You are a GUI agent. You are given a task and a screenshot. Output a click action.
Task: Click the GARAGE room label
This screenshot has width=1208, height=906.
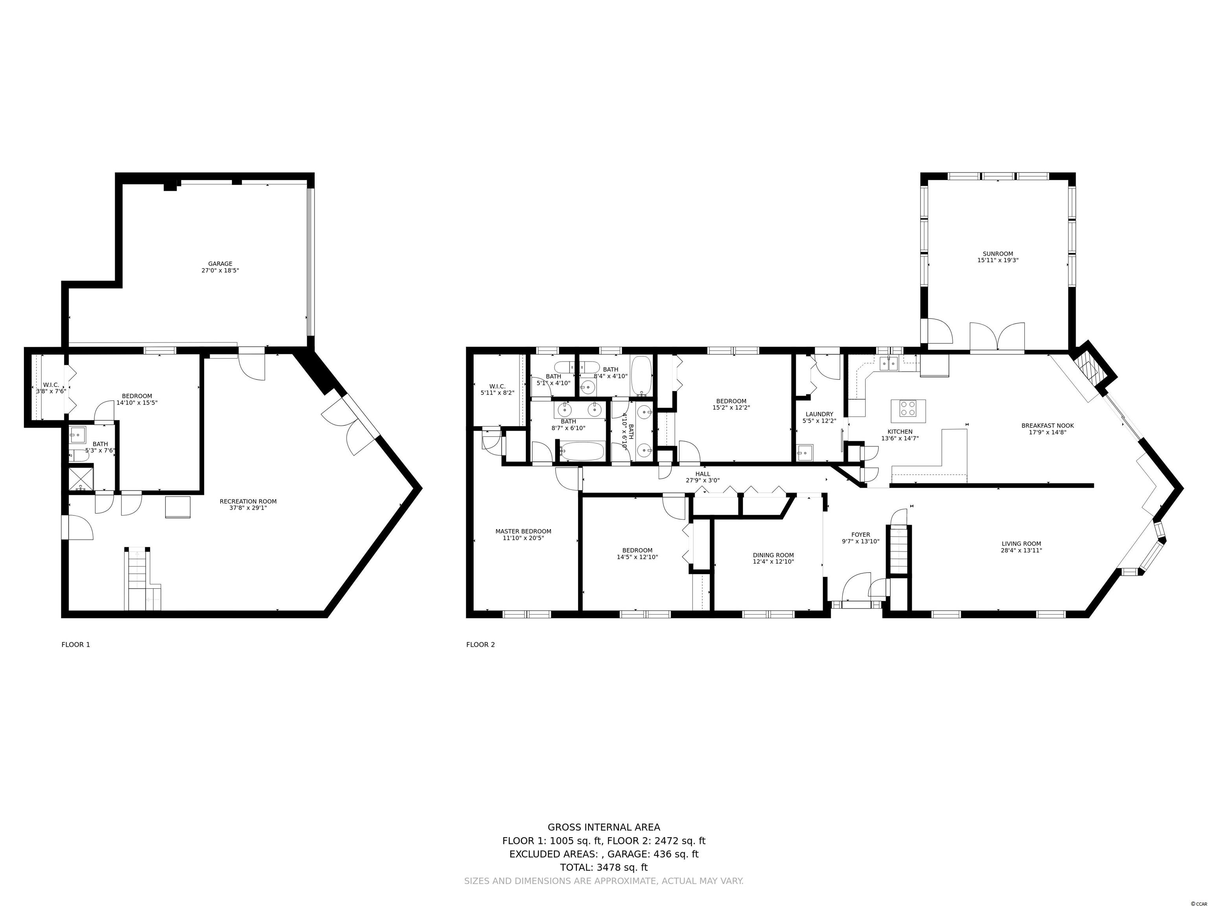[220, 264]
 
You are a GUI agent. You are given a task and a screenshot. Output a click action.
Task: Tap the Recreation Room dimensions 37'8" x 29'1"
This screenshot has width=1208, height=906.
[248, 508]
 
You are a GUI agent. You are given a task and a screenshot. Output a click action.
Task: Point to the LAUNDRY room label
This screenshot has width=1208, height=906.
[819, 414]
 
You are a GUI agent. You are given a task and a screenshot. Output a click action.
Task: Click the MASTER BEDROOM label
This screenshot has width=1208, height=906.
[523, 531]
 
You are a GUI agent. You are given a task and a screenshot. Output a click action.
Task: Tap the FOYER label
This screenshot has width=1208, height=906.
[861, 535]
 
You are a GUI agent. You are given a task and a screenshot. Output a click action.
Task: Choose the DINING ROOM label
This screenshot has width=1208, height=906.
[773, 555]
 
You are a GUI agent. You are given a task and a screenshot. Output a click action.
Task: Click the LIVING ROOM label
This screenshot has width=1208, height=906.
[1021, 544]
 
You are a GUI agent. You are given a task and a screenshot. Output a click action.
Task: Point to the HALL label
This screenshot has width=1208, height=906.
[703, 474]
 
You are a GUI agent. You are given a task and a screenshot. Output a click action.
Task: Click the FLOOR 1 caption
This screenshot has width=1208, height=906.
[76, 645]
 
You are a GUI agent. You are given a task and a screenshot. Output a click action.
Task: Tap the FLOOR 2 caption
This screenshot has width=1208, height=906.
[481, 645]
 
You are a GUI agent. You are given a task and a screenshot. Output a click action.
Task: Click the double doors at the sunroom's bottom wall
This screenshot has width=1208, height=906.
[997, 337]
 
